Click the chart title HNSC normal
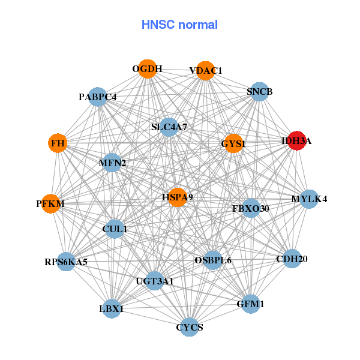tap(179, 25)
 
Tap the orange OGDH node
tap(148, 69)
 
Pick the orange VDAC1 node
tap(205, 71)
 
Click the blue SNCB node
tap(259, 92)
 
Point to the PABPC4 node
tap(98, 97)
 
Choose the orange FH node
tap(58, 143)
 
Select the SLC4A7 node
tap(169, 127)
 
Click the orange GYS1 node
tap(233, 143)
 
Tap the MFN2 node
tap(112, 163)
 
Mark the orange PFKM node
tap(50, 204)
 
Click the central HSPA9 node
tap(177, 197)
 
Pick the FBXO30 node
tap(251, 208)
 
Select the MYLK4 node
tap(308, 199)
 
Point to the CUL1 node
tap(115, 229)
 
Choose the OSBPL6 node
tap(213, 260)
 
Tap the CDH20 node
tap(292, 259)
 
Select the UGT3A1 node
tap(154, 281)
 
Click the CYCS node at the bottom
tap(190, 327)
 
